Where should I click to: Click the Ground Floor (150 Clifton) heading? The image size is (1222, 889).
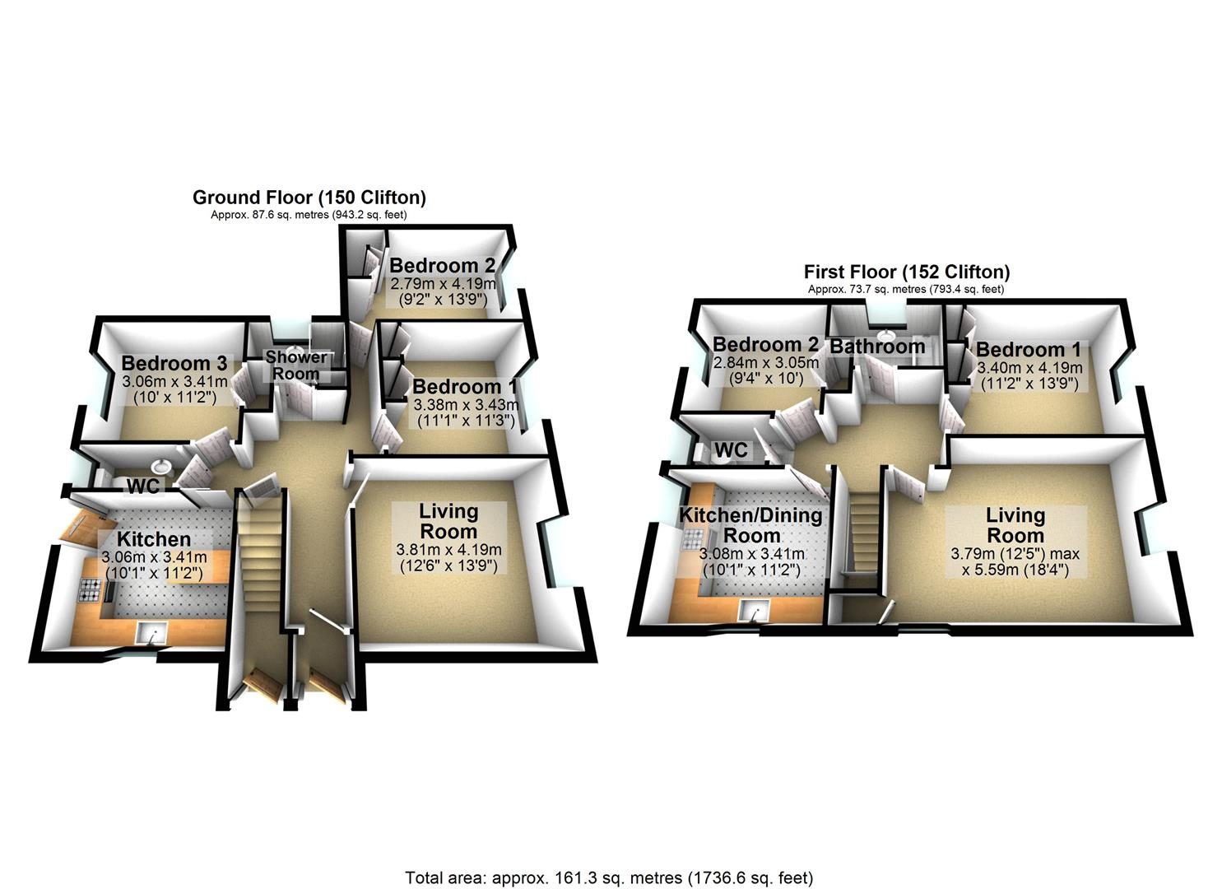[x=309, y=197]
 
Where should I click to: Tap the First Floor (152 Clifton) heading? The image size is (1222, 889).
[x=907, y=272]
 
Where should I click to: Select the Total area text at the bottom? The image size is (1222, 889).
[x=609, y=863]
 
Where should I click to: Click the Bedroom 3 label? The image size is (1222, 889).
[x=174, y=363]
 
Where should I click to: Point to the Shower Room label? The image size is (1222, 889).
[x=295, y=365]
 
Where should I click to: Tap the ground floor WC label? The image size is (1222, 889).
[x=143, y=486]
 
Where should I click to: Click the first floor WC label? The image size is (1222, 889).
[x=731, y=450]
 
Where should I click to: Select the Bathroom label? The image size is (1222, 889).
[x=877, y=346]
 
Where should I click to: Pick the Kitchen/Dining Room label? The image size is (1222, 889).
[x=750, y=525]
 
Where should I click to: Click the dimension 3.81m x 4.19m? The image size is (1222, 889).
[x=449, y=550]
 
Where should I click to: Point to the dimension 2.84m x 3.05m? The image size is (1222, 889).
[x=766, y=362]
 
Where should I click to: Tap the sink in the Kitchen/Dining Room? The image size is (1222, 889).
[x=754, y=610]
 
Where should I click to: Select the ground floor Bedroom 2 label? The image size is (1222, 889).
[x=442, y=266]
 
